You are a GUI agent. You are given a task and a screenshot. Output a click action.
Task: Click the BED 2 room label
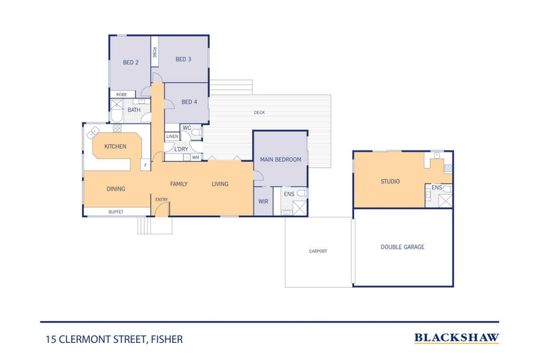(131, 62)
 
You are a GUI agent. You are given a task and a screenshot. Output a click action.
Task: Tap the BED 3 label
(183, 59)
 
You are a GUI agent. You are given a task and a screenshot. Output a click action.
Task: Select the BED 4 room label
(189, 102)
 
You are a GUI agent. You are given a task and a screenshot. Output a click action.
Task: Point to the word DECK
(259, 113)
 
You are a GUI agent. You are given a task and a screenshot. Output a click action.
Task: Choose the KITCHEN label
(115, 146)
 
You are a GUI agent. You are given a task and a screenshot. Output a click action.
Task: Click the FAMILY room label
(179, 184)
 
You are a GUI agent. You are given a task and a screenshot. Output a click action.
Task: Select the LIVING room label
(219, 184)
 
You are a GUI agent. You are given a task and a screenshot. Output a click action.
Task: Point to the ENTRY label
(161, 199)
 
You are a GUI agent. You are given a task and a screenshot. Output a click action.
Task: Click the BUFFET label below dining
(116, 212)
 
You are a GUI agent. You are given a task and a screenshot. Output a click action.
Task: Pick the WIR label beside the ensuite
(263, 202)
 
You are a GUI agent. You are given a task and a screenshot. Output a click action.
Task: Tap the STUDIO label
(390, 182)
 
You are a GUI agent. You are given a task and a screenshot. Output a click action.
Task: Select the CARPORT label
(318, 251)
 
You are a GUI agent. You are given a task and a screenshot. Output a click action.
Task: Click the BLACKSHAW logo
(457, 337)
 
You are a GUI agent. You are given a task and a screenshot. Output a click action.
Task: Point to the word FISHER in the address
(167, 338)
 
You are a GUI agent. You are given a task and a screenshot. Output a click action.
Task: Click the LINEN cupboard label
(172, 137)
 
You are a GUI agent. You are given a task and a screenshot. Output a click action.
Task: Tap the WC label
(186, 128)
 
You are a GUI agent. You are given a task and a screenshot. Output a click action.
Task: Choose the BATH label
(134, 109)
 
